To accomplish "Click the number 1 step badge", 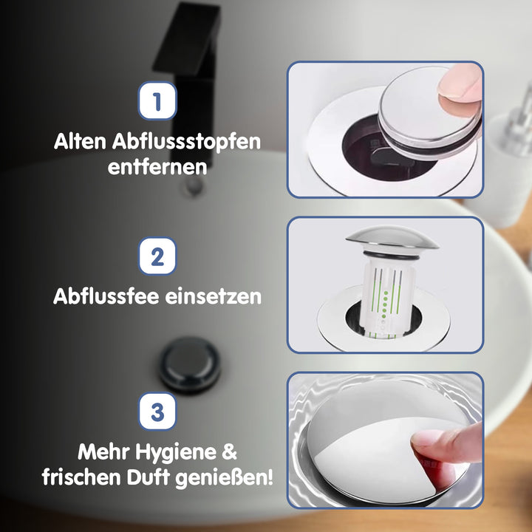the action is tap(157, 100).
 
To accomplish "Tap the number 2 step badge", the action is tap(157, 256).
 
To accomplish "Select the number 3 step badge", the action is tap(157, 412).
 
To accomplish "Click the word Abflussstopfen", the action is tap(186, 141).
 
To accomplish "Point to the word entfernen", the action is tap(157, 167).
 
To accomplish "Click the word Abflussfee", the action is tap(106, 296).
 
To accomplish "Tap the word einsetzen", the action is tap(213, 296).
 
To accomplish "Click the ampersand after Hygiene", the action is tap(229, 452).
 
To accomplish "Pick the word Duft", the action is tap(148, 477).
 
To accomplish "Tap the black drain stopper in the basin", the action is tap(189, 365).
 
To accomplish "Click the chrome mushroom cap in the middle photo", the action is tap(392, 238).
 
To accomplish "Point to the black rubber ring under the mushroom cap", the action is tap(391, 255).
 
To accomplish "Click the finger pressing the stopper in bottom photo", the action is tap(447, 445).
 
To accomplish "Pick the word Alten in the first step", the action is tap(80, 141).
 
